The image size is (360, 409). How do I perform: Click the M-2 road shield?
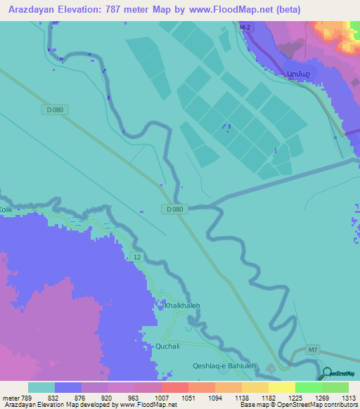pos(245,27)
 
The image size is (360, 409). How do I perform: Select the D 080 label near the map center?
pos(176,209)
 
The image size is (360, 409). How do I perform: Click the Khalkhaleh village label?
pos(182,306)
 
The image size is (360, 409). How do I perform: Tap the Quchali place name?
pos(161,346)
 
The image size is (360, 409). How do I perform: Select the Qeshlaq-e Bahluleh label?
pos(224,365)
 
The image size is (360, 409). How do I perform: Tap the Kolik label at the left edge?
pos(6,209)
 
